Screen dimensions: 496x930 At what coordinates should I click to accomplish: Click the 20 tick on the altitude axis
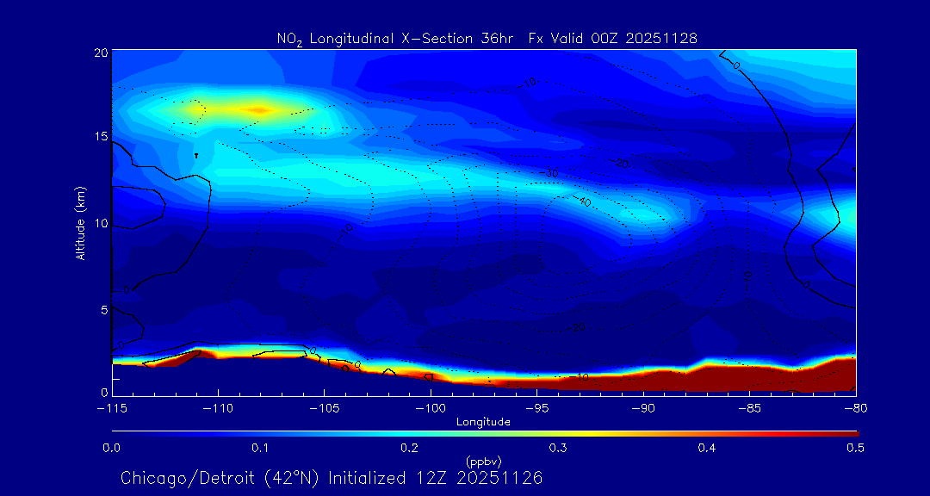pos(102,53)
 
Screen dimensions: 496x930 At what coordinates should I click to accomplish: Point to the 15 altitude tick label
pos(102,138)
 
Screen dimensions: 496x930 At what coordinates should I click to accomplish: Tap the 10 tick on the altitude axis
pos(102,224)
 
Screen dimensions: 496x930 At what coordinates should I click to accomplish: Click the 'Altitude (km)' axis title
pos(80,222)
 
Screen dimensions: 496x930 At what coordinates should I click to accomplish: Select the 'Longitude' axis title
pos(484,422)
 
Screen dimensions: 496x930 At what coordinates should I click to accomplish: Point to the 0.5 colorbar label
pos(856,448)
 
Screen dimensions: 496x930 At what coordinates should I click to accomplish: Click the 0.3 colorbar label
pos(558,448)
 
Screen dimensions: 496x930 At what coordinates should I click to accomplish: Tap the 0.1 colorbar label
pos(260,448)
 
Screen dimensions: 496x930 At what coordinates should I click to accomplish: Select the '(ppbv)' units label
pos(484,461)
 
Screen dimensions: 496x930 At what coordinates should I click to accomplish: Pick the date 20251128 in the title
pos(662,38)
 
